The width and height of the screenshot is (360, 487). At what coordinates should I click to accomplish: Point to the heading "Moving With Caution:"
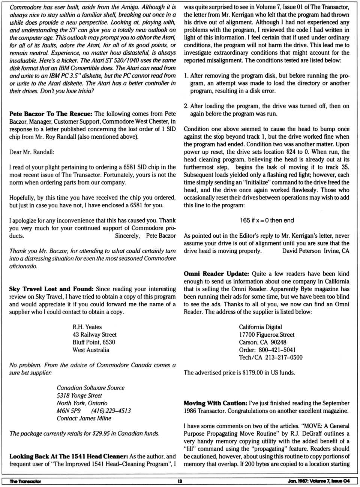coord(215,403)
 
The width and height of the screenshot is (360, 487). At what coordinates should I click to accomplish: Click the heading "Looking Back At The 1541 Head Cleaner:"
coord(69,456)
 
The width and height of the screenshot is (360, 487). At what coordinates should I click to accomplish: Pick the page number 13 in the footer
coord(180,481)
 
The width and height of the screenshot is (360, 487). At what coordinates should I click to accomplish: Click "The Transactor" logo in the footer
coord(25,481)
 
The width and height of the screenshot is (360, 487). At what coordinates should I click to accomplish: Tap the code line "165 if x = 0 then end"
coord(267,220)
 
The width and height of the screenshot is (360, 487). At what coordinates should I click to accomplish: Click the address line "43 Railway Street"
coord(94,334)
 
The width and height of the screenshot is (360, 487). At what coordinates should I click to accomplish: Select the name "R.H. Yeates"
coord(87,327)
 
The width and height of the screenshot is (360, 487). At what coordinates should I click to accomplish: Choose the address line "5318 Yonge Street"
coord(79,396)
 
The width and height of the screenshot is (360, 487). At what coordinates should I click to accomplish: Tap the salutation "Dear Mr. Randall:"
coord(31,152)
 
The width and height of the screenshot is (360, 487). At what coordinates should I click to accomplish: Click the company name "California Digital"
coord(260,327)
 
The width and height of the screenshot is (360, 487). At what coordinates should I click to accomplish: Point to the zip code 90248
coord(278,342)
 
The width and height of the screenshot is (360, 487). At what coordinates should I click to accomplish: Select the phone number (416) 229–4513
coord(111,411)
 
